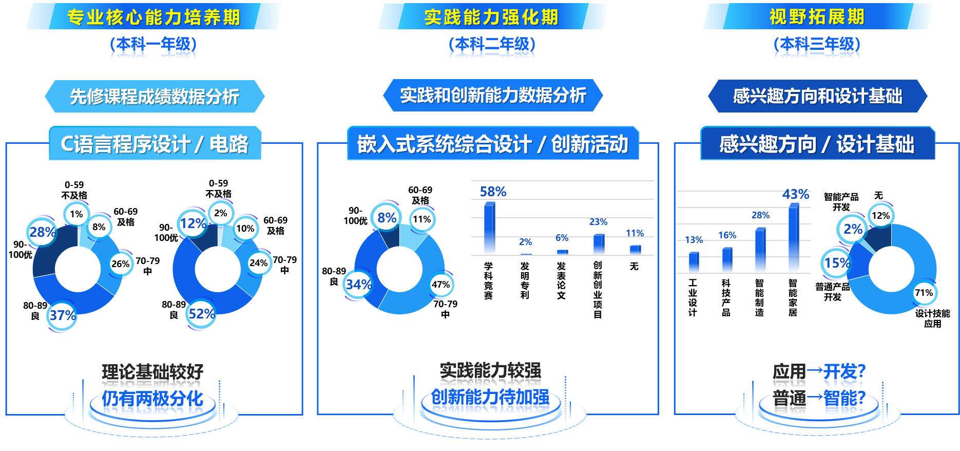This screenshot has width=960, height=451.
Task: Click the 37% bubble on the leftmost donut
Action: (x=62, y=315)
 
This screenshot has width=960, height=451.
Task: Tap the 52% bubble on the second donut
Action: (x=201, y=313)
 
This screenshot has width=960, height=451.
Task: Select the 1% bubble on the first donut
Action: (x=76, y=214)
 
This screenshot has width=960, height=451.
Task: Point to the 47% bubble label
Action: (x=440, y=285)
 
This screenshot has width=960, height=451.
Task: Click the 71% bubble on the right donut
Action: (x=924, y=293)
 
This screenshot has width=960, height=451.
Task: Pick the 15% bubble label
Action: (x=836, y=263)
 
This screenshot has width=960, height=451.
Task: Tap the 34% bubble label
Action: (x=358, y=284)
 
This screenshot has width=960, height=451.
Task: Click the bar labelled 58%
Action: (x=489, y=229)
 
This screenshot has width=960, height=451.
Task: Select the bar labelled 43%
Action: (x=794, y=238)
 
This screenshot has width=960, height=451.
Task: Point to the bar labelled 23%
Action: (x=599, y=245)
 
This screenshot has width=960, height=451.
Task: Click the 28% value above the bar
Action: (x=760, y=215)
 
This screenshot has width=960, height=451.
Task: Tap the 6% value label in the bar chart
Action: (x=562, y=238)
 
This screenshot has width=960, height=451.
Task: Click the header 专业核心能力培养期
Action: (x=154, y=17)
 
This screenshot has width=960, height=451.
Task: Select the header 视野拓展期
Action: (x=817, y=17)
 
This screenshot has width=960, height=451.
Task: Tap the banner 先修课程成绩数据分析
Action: (x=155, y=96)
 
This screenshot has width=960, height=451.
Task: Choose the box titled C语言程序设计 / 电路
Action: (x=155, y=144)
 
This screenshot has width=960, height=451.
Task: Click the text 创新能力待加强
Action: (x=490, y=397)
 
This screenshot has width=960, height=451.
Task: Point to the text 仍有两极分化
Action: (x=152, y=398)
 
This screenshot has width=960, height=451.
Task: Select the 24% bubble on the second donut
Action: (x=258, y=263)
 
